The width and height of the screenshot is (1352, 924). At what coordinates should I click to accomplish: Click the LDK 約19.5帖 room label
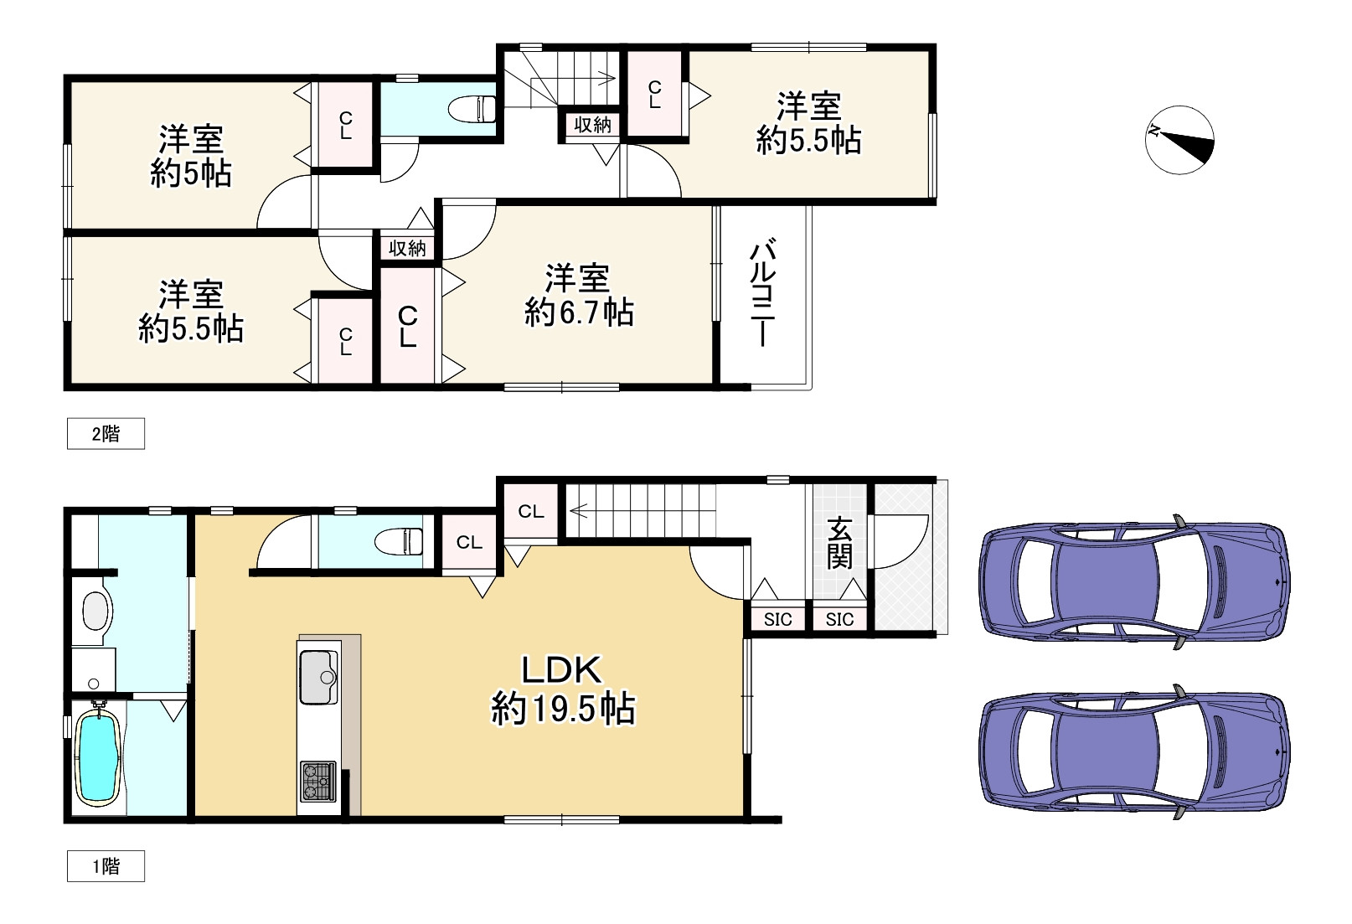[x=563, y=689]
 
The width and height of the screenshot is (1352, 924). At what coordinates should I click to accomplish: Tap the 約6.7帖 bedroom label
[x=579, y=296]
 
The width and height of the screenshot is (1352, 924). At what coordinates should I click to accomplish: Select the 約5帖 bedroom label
[x=191, y=157]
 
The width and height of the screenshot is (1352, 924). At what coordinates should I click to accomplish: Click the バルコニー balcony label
[x=763, y=293]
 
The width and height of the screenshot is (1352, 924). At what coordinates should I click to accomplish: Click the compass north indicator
[x=1179, y=141]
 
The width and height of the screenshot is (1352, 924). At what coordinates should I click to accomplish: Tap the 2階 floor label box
[x=106, y=433]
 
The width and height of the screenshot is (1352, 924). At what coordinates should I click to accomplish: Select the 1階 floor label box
[x=106, y=866]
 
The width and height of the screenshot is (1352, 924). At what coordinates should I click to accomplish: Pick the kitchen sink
[x=318, y=677]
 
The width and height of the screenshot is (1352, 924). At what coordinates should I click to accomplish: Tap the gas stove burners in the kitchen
[x=318, y=782]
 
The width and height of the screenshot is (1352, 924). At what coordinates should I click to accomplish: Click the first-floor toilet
[x=400, y=541]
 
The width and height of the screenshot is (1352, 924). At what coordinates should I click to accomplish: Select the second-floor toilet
[x=472, y=109]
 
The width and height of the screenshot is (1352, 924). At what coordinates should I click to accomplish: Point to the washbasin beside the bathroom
[x=95, y=611]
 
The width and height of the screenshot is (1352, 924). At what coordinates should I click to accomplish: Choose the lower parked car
[x=1134, y=752]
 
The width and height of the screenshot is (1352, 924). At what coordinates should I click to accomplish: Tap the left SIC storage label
[x=778, y=619]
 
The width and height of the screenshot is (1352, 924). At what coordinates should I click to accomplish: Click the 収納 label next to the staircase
[x=593, y=125]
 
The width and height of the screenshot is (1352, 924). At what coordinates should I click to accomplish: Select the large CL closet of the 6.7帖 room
[x=407, y=326]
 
